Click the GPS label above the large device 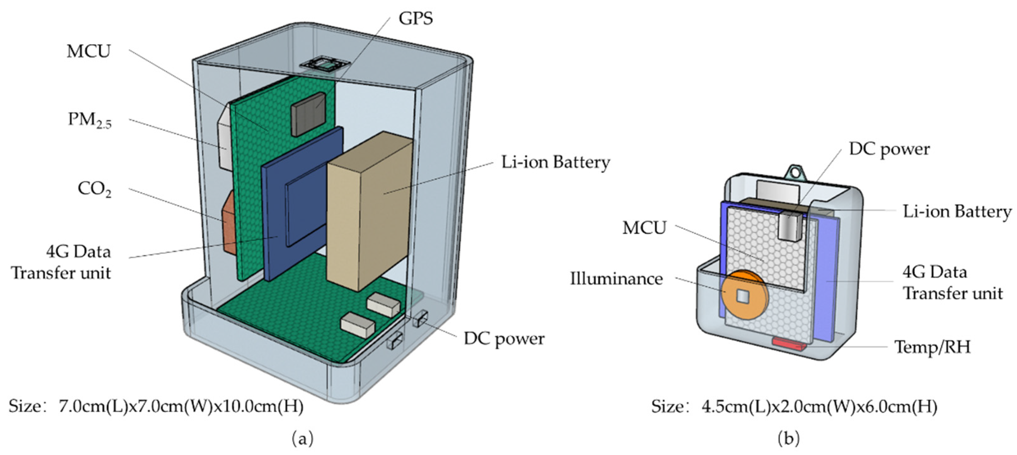click(415, 19)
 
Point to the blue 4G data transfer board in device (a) click(302, 204)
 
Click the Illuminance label click(616, 279)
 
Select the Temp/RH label click(932, 347)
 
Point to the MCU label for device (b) click(644, 227)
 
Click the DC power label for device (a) click(504, 338)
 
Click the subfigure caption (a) click(302, 438)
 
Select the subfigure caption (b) click(788, 438)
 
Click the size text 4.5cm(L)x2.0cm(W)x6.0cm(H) click(819, 407)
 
